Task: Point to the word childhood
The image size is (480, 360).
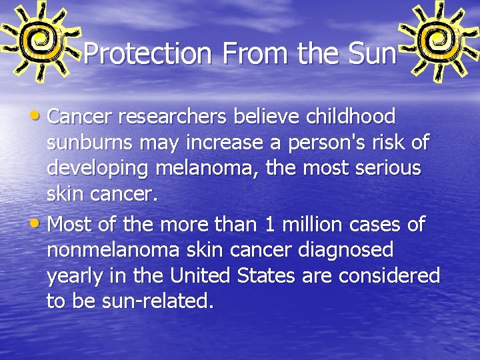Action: pos(350,117)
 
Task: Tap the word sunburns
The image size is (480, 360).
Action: pos(89,143)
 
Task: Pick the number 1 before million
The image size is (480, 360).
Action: pos(269,225)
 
